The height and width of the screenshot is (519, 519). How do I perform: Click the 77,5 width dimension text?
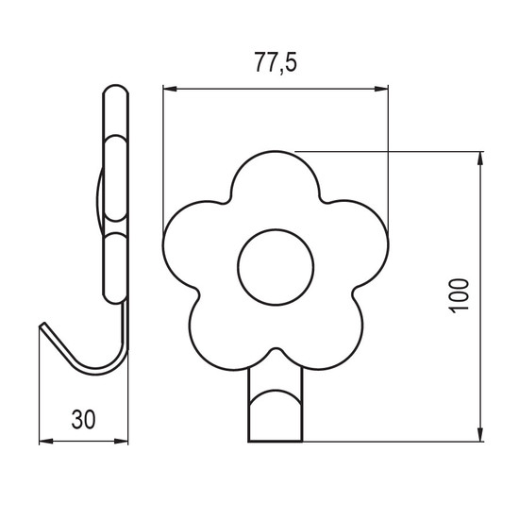pyautogui.click(x=276, y=63)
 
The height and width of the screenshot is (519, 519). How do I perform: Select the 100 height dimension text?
pyautogui.click(x=460, y=296)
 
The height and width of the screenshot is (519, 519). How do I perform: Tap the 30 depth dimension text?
pyautogui.click(x=83, y=419)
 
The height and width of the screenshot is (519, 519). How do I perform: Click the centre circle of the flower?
pyautogui.click(x=276, y=267)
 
